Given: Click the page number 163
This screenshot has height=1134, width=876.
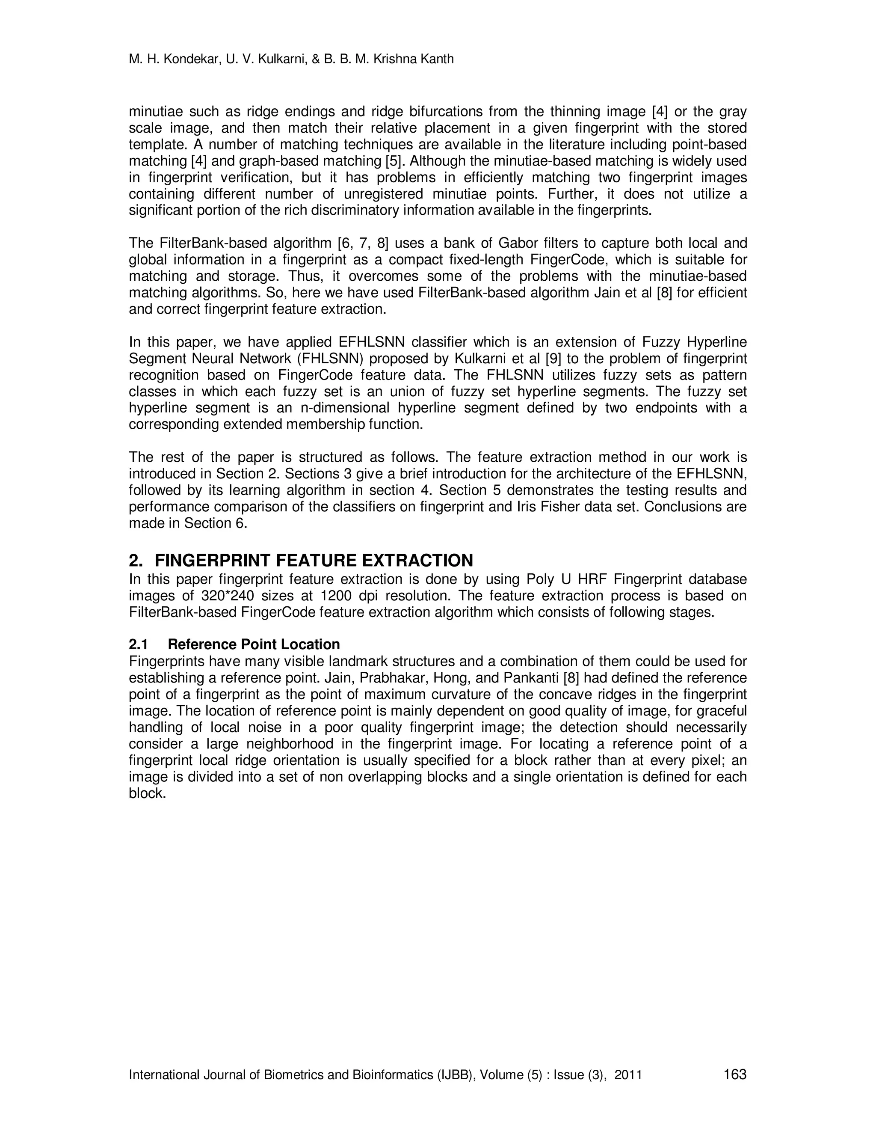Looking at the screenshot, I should pyautogui.click(x=735, y=1074).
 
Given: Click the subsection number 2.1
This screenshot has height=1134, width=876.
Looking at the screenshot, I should pyautogui.click(x=139, y=644).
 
